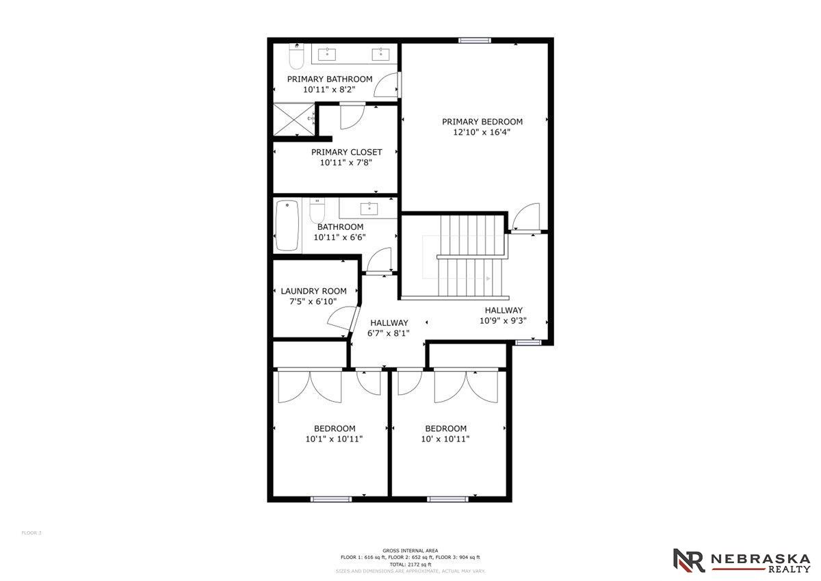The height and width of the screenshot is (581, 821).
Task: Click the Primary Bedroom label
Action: [x=482, y=122]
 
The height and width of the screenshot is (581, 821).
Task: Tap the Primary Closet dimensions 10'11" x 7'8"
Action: [x=346, y=163]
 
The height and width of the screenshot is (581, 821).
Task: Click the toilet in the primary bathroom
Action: [x=296, y=57]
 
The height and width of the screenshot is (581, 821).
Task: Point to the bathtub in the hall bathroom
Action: [x=287, y=226]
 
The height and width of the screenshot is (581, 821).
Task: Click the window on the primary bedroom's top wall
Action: [x=475, y=40]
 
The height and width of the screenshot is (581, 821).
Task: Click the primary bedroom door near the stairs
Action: [x=525, y=219]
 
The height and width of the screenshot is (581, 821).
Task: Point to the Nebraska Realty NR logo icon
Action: [x=688, y=560]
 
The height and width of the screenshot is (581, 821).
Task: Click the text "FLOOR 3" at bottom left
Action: [x=31, y=532]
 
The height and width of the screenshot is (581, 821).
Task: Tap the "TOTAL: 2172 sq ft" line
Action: [x=410, y=564]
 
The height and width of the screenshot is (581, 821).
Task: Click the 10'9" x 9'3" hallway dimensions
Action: [x=504, y=320]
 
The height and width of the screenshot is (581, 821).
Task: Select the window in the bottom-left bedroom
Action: [x=330, y=499]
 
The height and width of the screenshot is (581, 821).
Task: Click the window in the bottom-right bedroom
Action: [x=447, y=499]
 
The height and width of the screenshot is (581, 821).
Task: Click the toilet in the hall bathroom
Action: [x=317, y=209]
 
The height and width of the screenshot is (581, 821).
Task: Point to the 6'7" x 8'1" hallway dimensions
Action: [x=389, y=333]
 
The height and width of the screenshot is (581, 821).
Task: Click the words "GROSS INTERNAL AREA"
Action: [x=410, y=550]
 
